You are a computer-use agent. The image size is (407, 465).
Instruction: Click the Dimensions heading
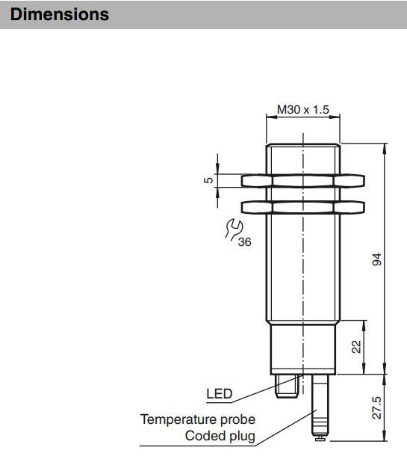60,14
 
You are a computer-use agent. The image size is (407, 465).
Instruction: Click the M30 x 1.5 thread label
303,109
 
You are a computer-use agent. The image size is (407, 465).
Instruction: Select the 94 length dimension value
377,259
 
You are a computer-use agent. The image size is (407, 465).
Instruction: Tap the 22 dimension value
357,347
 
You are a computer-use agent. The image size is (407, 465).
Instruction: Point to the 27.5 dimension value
377,407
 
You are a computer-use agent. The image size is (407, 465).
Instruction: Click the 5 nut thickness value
209,180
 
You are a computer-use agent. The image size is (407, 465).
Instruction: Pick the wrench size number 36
244,242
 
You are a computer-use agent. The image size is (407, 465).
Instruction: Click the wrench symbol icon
234,229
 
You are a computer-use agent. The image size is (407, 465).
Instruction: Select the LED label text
220,394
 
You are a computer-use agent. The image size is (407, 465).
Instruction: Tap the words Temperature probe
198,419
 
